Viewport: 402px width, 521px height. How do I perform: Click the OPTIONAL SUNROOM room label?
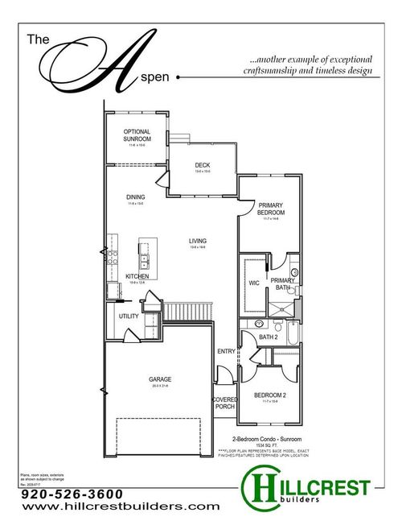137,135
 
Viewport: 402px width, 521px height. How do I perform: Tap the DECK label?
202,166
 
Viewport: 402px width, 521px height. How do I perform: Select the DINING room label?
136,197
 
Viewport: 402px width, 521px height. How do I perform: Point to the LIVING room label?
198,241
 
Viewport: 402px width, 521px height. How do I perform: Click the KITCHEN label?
137,276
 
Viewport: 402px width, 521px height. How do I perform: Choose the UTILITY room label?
129,316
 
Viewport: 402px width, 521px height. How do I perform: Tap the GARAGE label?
160,378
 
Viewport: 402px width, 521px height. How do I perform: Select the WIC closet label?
253,283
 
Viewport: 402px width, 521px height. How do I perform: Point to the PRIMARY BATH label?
281,283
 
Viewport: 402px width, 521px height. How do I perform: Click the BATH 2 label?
269,337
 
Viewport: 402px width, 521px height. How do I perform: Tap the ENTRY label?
226,352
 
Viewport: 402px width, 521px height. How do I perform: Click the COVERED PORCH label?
224,403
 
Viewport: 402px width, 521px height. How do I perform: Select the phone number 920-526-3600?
72,494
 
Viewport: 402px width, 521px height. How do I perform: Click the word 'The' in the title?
39,39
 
